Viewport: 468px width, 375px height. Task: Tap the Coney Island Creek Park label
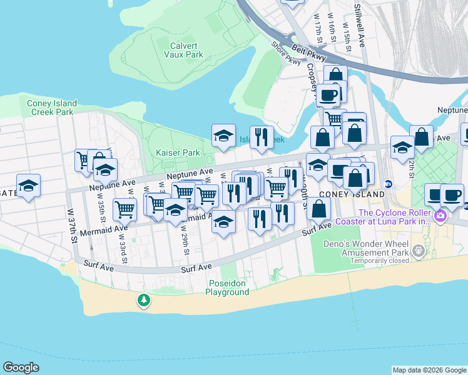click(x=52, y=107)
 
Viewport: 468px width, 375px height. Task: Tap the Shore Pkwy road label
click(x=286, y=53)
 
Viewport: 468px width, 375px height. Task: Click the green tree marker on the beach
click(x=144, y=301)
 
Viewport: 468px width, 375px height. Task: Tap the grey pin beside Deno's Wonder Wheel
click(x=419, y=251)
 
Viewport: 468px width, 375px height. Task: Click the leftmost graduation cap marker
click(x=28, y=186)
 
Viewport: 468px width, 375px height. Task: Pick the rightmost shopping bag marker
click(x=422, y=137)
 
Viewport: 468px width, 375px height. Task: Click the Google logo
click(x=21, y=367)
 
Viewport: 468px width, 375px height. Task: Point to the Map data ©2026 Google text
click(x=429, y=370)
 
